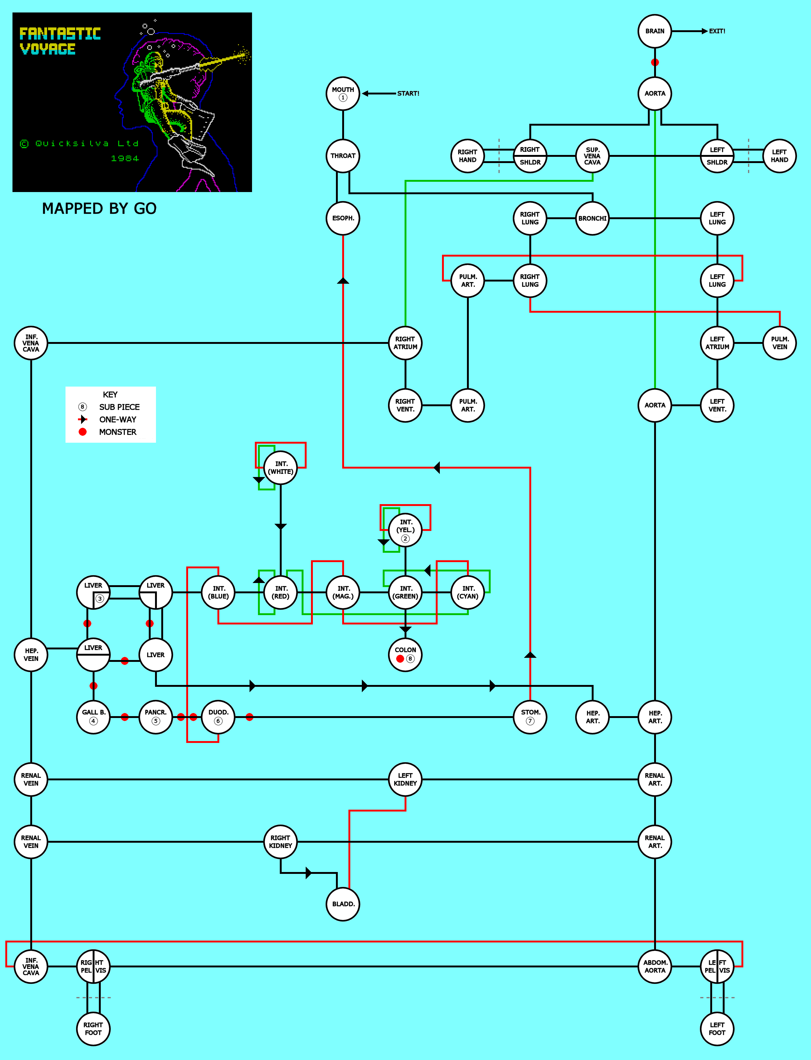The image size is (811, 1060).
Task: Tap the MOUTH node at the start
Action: point(343,94)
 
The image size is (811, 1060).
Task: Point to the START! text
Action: point(408,94)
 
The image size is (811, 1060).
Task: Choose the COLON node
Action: point(405,655)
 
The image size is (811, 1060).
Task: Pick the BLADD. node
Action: point(343,904)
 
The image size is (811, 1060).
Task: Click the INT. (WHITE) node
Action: point(280,468)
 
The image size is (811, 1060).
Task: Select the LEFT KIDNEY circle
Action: point(405,779)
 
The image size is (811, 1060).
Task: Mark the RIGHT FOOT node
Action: point(93,1029)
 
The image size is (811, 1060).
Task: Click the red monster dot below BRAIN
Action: point(655,62)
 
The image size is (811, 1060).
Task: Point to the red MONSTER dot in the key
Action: point(83,432)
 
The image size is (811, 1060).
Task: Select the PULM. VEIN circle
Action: point(779,343)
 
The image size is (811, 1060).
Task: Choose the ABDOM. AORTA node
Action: point(655,966)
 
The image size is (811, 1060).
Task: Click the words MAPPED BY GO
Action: point(100,209)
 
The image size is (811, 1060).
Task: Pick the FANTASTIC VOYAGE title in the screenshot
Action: point(60,41)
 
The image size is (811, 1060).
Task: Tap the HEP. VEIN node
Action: point(31,655)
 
